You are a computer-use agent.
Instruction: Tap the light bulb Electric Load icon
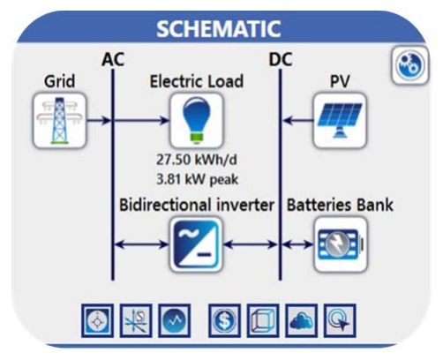pos(195,120)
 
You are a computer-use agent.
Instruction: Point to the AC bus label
pos(114,60)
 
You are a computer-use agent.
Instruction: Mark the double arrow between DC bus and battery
pos(298,244)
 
